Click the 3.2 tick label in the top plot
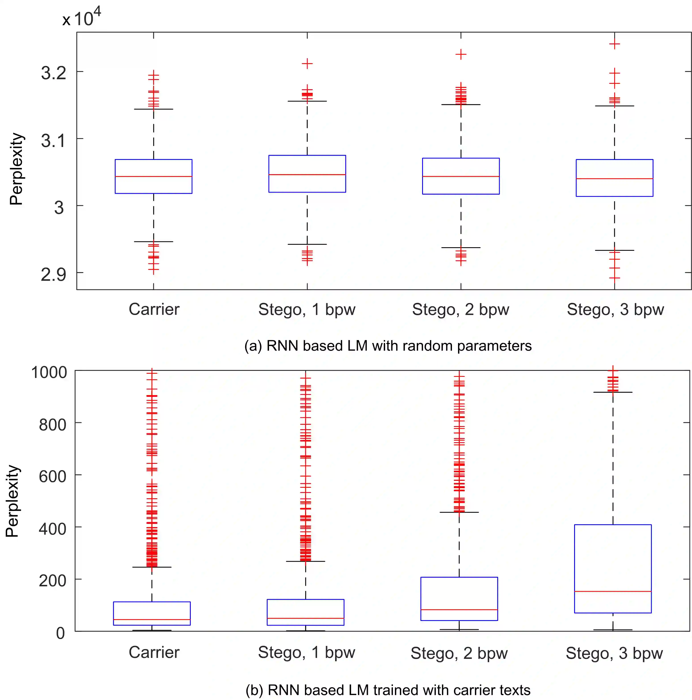pos(54,73)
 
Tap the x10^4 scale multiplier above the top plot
pos(82,18)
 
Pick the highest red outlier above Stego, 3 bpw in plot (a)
pos(614,44)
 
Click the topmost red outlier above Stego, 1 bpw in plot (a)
pos(307,64)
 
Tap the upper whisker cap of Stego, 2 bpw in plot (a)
pos(461,105)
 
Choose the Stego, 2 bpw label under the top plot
pos(460,309)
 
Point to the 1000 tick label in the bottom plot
pos(49,372)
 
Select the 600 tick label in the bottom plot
pos(53,476)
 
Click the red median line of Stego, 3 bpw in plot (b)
pos(613,591)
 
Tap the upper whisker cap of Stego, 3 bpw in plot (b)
pos(613,392)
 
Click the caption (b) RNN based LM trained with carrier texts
pos(388,690)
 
